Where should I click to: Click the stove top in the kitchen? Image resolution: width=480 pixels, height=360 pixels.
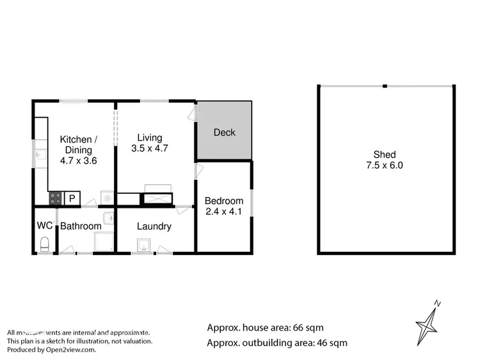[56, 198]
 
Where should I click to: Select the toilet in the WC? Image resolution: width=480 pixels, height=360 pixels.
[44, 244]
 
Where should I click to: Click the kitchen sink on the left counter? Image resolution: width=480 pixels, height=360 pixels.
[39, 154]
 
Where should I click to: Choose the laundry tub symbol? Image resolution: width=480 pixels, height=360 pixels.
[143, 244]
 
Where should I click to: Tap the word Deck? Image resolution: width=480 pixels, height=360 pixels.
[224, 132]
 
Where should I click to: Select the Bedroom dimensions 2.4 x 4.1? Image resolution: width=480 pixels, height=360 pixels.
[224, 211]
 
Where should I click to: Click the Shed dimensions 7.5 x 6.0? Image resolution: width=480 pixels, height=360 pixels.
[385, 165]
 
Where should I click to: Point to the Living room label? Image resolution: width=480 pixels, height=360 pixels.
[150, 137]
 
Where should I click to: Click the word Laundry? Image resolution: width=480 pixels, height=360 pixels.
[154, 226]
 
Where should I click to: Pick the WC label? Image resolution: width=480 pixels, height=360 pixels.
[45, 226]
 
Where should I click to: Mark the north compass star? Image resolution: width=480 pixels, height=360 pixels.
[428, 324]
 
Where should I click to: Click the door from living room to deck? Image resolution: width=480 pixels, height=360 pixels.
[193, 113]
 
